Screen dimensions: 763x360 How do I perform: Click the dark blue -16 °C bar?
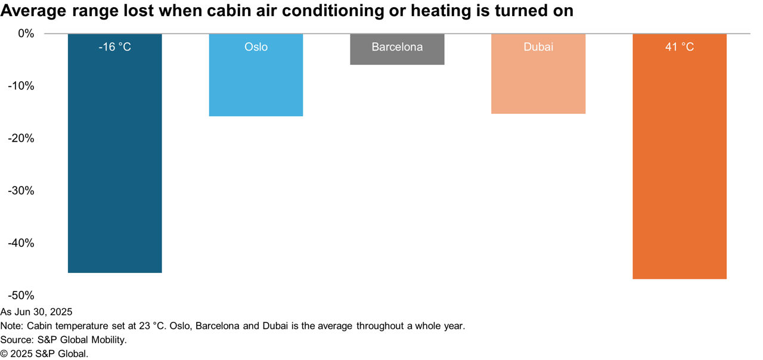tap(115, 153)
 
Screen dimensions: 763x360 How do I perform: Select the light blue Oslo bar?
tap(256, 75)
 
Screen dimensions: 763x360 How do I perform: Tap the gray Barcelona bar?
tap(397, 49)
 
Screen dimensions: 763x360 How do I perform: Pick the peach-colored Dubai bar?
tap(538, 73)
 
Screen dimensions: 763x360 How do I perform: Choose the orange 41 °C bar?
tap(680, 156)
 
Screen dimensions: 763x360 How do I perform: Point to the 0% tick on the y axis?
tap(26, 33)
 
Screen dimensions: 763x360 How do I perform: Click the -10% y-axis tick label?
tap(21, 86)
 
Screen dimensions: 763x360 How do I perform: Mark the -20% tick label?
tap(21, 138)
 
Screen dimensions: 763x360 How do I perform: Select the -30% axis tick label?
tap(21, 191)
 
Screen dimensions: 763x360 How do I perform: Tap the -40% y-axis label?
tap(21, 243)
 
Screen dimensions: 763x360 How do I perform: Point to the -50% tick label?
tap(21, 295)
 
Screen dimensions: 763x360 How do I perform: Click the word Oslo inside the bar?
tap(256, 46)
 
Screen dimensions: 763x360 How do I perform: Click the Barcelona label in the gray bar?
tap(397, 46)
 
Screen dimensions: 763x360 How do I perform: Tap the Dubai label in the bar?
tap(538, 46)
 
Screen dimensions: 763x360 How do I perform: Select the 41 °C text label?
tap(680, 46)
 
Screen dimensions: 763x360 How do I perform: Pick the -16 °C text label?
tap(115, 46)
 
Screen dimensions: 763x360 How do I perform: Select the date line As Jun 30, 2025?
tap(36, 312)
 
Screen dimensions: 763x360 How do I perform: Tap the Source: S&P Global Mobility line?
tap(63, 340)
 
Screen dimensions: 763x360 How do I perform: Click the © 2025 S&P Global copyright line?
tap(44, 354)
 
